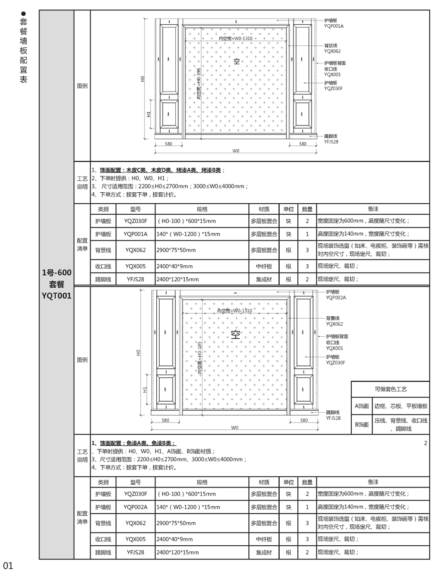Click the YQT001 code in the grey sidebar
pos(56,295)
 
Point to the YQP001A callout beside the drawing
pos(334,26)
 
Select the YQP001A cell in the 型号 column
pos(136,234)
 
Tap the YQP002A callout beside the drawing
pos(336,297)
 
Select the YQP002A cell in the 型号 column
pos(136,507)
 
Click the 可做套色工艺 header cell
pos(391,389)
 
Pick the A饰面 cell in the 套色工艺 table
pos(362,406)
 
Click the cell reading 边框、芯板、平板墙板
pos(401,406)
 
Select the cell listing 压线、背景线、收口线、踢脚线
pos(401,424)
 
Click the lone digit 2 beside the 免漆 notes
pos(426,443)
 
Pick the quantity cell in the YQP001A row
pos(307,234)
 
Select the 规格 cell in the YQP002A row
pos(203,507)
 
